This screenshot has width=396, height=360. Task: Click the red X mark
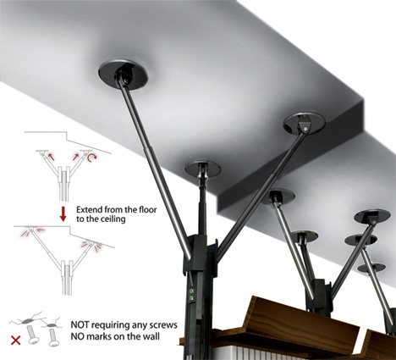pyautogui.click(x=15, y=341)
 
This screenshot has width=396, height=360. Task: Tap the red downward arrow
pyautogui.click(x=63, y=214)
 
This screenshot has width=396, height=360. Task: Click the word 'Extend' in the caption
pyautogui.click(x=89, y=210)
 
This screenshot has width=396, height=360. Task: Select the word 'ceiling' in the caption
pyautogui.click(x=113, y=219)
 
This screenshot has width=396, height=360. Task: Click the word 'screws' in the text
pyautogui.click(x=163, y=325)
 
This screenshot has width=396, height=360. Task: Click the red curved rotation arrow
pyautogui.click(x=91, y=158)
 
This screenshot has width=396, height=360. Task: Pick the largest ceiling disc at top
pyautogui.click(x=124, y=75)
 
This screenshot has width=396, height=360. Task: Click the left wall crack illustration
pyautogui.click(x=27, y=319)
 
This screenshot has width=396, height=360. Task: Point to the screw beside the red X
pyautogui.click(x=33, y=335)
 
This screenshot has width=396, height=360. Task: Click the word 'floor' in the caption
pyautogui.click(x=148, y=210)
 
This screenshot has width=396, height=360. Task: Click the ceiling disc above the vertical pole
pyautogui.click(x=203, y=169)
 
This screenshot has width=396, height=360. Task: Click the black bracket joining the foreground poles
pyautogui.click(x=201, y=256)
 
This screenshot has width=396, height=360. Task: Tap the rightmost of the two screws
pyautogui.click(x=53, y=337)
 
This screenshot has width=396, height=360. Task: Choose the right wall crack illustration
pyautogui.click(x=52, y=324)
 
